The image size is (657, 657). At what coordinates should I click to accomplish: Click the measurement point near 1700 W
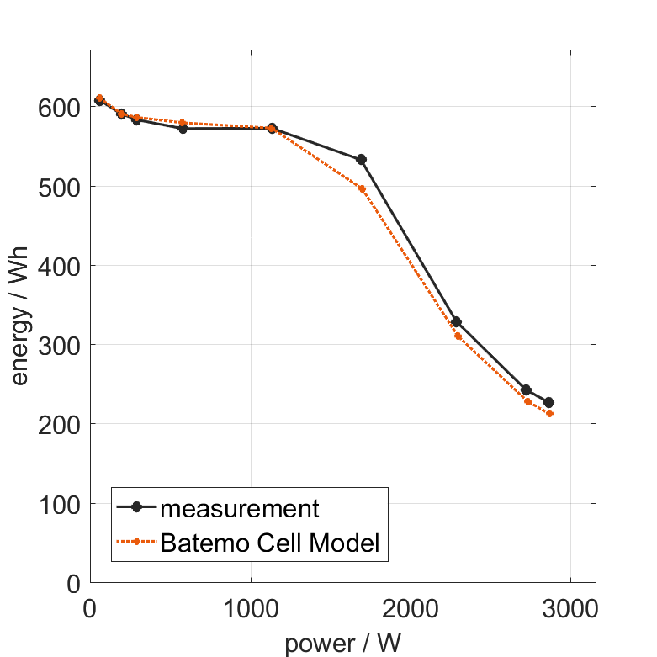362,159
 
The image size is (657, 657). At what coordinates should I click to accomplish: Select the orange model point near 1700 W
363,188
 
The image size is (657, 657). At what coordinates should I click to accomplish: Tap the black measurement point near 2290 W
456,322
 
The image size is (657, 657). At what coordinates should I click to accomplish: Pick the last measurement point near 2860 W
548,403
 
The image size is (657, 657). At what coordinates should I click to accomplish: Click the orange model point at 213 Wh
549,414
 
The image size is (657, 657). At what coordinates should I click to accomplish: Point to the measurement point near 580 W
183,129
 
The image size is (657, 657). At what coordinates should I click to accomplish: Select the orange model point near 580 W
183,123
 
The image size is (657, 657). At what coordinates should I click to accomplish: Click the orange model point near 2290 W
458,336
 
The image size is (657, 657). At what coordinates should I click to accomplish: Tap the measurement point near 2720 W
526,389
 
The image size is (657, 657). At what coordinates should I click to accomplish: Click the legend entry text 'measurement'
240,509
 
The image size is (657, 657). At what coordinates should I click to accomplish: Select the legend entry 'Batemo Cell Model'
270,543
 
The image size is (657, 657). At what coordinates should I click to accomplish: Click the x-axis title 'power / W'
342,644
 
